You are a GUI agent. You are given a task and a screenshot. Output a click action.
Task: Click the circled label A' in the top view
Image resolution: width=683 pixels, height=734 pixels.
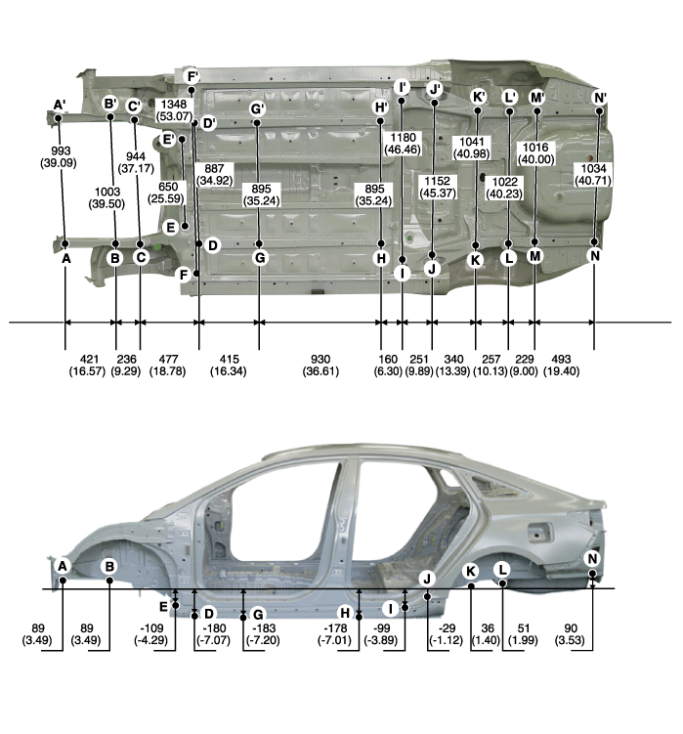(59, 105)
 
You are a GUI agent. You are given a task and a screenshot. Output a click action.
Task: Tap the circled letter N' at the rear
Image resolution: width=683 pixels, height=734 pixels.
(600, 98)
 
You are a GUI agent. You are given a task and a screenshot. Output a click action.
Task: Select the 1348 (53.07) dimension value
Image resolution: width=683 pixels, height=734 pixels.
(174, 110)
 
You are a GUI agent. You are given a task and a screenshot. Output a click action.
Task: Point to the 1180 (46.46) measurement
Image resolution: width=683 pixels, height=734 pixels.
(403, 144)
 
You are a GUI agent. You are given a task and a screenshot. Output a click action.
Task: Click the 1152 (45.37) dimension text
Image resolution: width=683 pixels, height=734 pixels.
(437, 187)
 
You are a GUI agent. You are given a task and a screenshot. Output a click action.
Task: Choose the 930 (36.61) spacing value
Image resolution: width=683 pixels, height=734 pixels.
(320, 366)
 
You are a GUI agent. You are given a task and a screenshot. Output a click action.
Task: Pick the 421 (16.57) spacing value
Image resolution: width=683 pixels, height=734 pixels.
(88, 366)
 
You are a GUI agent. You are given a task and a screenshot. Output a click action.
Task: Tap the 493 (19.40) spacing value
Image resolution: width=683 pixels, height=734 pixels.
(561, 366)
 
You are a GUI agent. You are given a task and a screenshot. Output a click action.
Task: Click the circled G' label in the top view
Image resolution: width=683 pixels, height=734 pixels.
(257, 108)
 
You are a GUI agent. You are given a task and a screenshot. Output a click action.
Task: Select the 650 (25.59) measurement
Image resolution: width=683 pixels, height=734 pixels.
(167, 193)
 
